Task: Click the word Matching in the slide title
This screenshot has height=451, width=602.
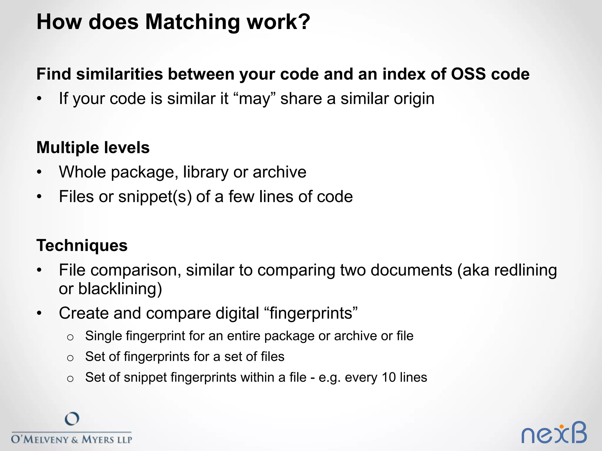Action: click(193, 22)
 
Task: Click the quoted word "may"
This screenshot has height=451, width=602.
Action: click(255, 99)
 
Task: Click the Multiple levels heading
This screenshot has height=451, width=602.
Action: click(93, 147)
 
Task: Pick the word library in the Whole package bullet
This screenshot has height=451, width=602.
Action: click(205, 172)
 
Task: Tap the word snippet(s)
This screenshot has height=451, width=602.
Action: click(155, 197)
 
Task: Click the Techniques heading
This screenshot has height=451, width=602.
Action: click(82, 245)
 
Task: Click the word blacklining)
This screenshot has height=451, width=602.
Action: click(120, 289)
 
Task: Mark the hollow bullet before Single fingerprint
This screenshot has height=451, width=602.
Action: click(70, 337)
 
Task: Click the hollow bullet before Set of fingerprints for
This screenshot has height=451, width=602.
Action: click(70, 358)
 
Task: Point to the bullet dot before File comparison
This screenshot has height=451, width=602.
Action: click(39, 270)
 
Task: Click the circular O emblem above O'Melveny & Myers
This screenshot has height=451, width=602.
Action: click(72, 419)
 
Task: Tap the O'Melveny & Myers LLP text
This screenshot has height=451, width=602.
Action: click(71, 440)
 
